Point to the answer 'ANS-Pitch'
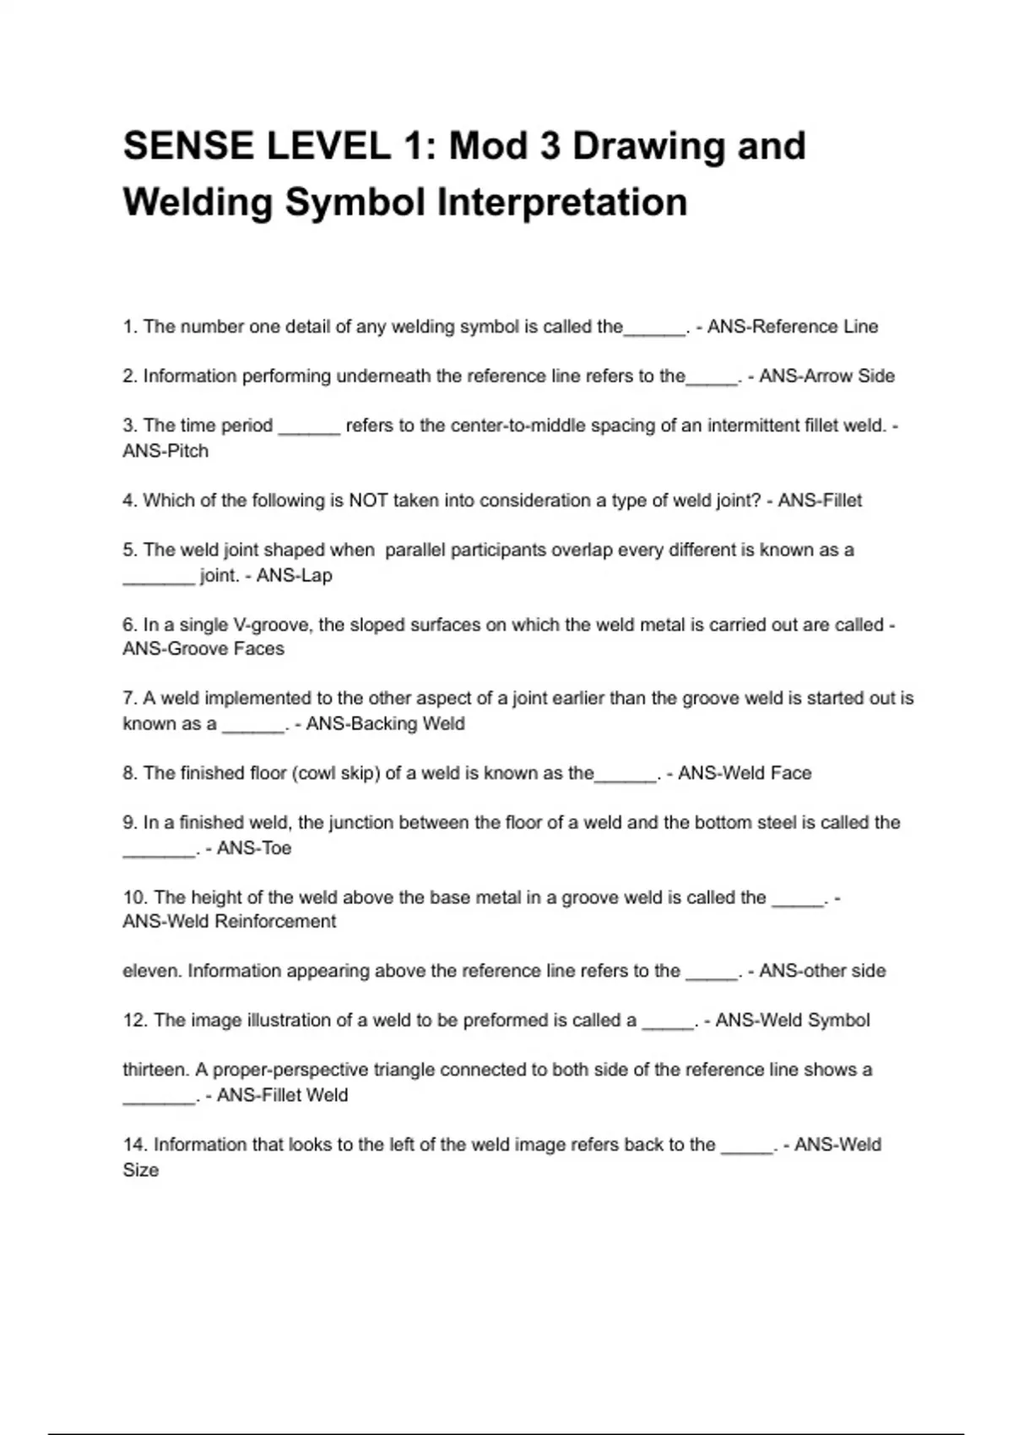coord(165,451)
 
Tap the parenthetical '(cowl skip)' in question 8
coord(335,773)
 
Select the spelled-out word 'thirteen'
coord(156,1070)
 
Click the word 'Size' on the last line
coord(140,1171)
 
